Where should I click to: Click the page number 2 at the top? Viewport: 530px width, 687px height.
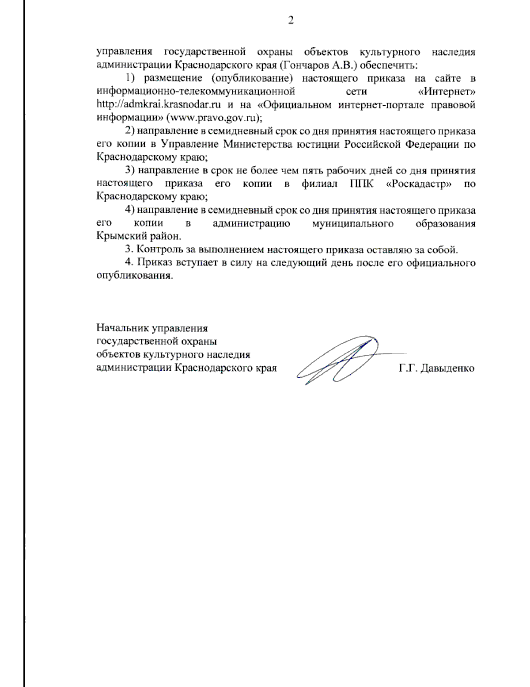[291, 20]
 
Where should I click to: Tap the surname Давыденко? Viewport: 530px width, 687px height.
[447, 368]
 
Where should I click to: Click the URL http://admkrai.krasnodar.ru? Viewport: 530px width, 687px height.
[159, 105]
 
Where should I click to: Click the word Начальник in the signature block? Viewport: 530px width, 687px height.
[122, 328]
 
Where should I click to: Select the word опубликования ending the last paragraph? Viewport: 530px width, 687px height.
[134, 276]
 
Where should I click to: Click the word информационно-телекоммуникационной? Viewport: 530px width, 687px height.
[196, 92]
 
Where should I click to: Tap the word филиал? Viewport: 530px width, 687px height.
[317, 184]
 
